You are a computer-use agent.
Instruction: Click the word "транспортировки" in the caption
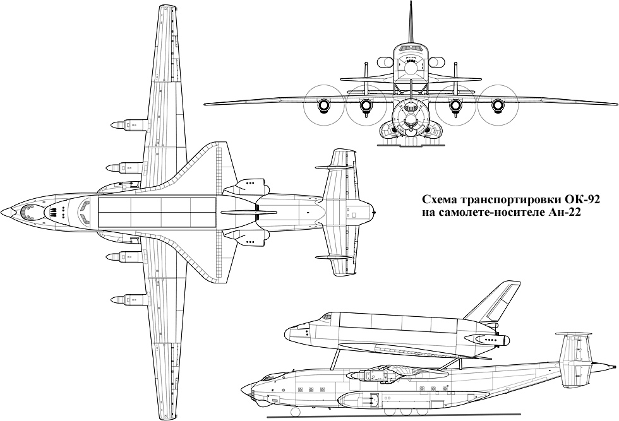point(512,200)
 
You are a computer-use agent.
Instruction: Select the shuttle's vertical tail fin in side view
point(493,302)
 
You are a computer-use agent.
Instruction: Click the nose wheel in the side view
point(294,412)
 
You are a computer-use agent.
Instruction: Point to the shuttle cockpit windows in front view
point(411,48)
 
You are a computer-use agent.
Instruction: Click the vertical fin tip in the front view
point(411,3)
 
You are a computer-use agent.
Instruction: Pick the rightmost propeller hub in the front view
point(498,105)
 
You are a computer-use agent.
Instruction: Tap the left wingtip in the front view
point(205,104)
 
